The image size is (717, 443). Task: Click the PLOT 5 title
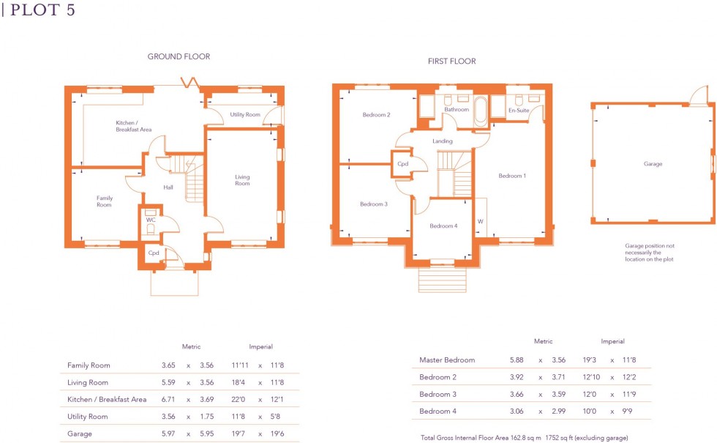click(x=43, y=11)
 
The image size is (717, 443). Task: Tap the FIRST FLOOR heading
click(x=451, y=62)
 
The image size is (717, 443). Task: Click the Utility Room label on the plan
click(x=245, y=115)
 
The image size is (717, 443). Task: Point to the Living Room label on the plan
click(x=242, y=180)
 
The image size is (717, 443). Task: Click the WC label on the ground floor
click(x=151, y=219)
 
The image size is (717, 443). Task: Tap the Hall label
click(x=168, y=187)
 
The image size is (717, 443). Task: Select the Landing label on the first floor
click(x=443, y=141)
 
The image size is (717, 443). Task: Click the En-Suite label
click(x=519, y=111)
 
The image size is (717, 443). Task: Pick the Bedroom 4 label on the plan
click(x=443, y=226)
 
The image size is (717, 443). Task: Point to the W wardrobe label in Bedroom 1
click(x=481, y=220)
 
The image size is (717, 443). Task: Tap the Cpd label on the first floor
click(x=402, y=164)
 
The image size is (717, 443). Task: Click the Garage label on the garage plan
click(x=653, y=164)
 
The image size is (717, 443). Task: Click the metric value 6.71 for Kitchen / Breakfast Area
click(x=168, y=399)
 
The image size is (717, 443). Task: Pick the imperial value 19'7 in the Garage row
click(x=240, y=434)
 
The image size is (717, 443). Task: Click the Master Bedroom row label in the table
click(x=447, y=360)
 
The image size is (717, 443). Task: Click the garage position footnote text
click(x=650, y=253)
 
